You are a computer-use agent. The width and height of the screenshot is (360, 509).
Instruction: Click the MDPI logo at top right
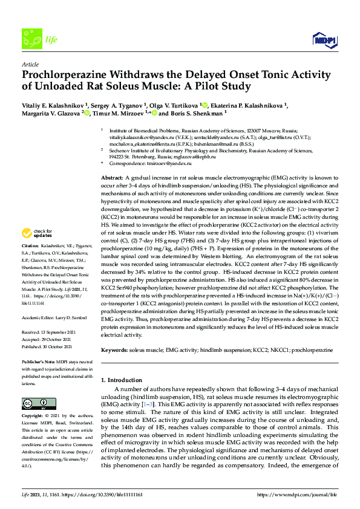(x=324, y=41)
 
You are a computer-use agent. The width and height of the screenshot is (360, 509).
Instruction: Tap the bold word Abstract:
(x=112, y=177)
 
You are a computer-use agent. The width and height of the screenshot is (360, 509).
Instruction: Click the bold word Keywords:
(x=114, y=350)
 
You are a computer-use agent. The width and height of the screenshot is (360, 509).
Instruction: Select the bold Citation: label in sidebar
(x=30, y=264)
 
